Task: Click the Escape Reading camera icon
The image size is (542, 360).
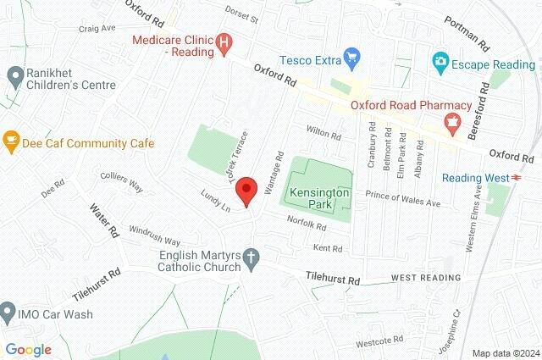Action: (x=439, y=63)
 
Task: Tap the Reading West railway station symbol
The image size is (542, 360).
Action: (x=515, y=177)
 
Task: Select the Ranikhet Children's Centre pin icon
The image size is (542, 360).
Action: (x=14, y=77)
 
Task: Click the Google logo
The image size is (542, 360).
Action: (x=28, y=349)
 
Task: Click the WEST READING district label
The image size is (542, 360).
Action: (x=426, y=278)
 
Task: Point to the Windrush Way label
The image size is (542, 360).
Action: (x=154, y=235)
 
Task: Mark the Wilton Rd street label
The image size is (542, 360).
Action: (x=324, y=135)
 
